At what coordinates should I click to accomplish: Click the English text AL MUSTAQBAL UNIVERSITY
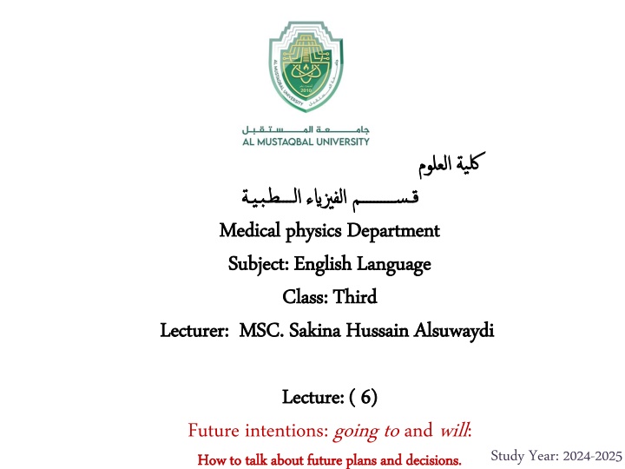pos(306,142)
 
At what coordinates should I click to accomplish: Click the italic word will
pos(451,429)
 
